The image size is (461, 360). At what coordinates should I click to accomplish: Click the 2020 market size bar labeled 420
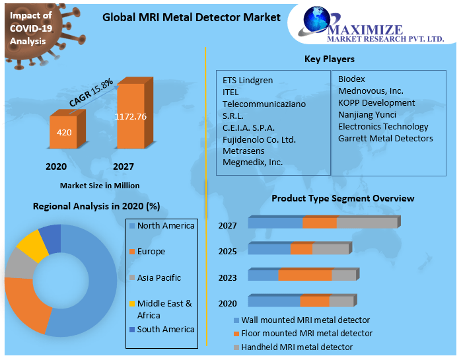[64, 133]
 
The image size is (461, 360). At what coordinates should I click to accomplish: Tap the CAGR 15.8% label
[91, 93]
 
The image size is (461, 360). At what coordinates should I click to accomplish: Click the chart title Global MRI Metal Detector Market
[191, 17]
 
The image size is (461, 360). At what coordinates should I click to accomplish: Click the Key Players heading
[329, 59]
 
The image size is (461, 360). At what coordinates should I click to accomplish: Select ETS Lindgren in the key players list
[248, 80]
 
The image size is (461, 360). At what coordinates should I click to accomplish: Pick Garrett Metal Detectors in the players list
[385, 138]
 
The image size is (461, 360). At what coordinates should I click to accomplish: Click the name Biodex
[351, 79]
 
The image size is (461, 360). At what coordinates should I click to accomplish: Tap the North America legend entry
[165, 226]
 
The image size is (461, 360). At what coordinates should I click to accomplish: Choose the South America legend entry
[165, 329]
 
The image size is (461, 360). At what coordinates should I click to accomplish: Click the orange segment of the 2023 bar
[304, 275]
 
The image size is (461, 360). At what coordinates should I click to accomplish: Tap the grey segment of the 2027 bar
[367, 223]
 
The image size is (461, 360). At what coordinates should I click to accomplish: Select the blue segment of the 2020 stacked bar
[273, 302]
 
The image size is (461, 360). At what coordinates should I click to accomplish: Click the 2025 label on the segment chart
[228, 252]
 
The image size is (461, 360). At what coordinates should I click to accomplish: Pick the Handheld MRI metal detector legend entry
[296, 347]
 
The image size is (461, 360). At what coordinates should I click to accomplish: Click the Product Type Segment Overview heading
[343, 198]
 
